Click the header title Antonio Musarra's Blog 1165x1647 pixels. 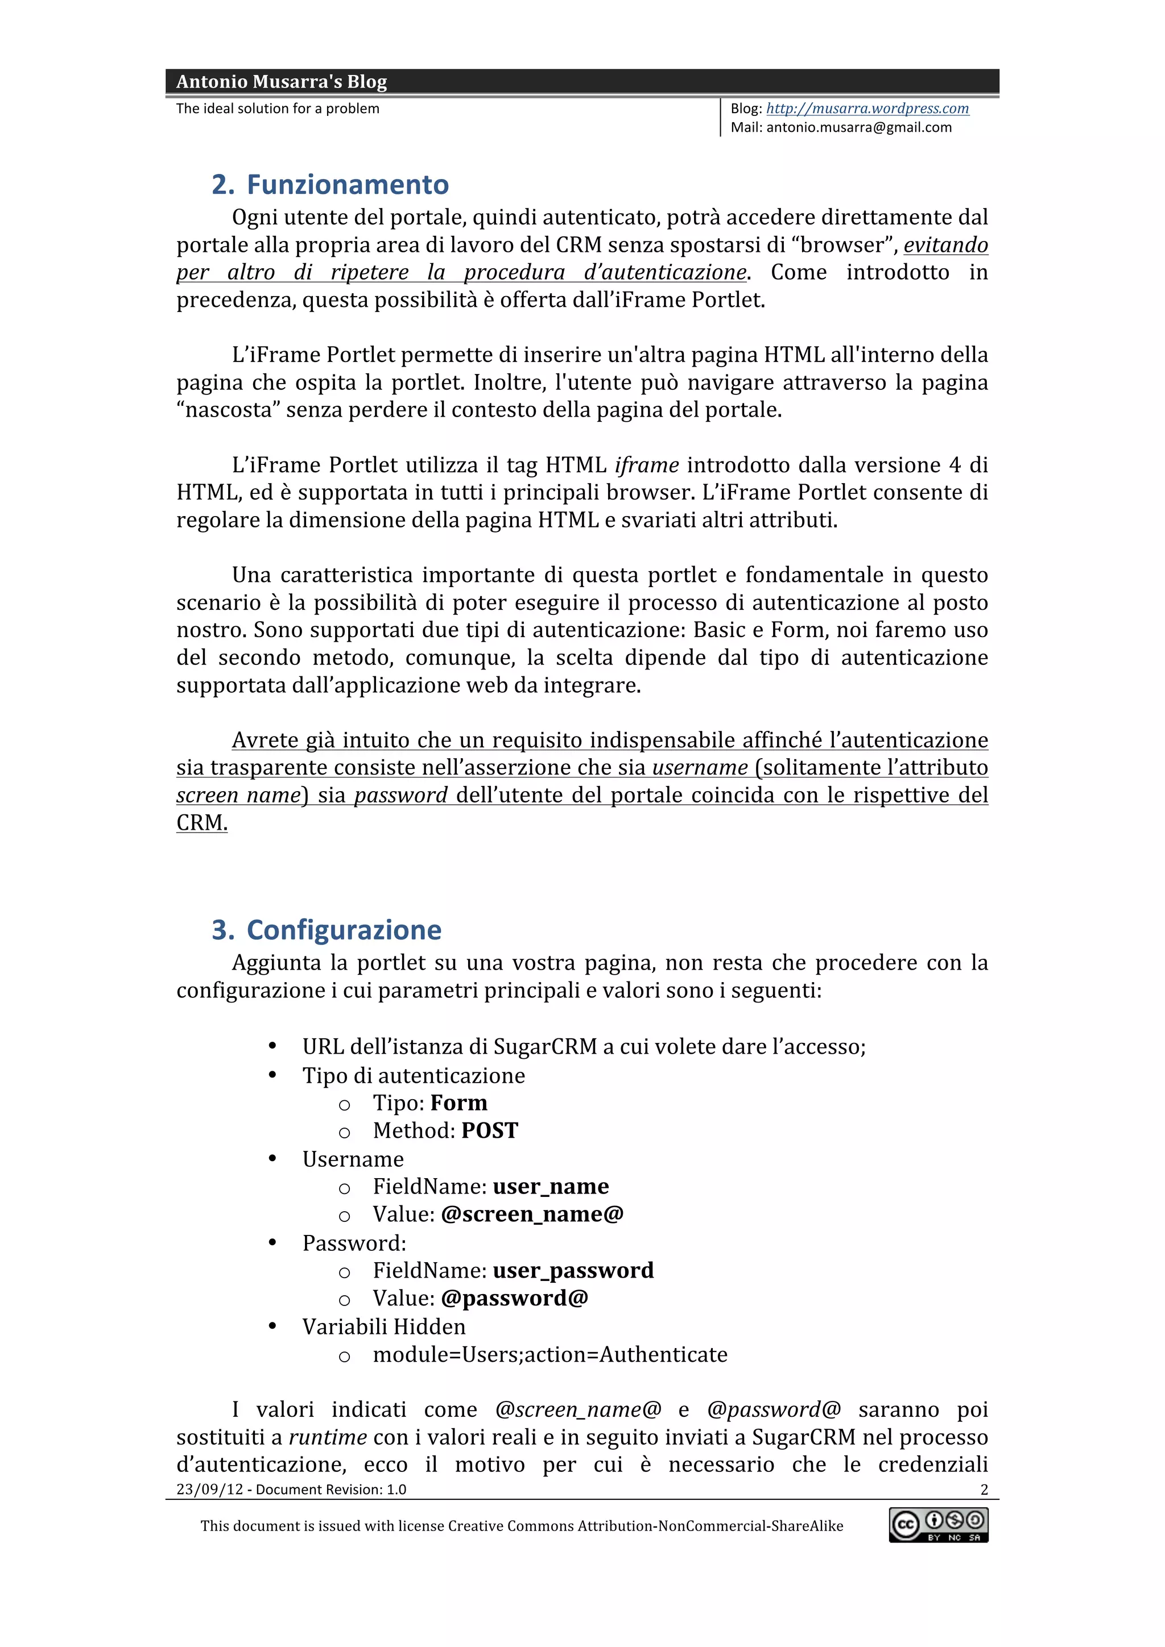(x=282, y=82)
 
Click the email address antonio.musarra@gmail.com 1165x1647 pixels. (x=858, y=128)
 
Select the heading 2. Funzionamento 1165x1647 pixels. (x=330, y=185)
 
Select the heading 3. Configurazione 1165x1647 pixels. (x=327, y=930)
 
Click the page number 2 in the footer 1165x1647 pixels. (x=984, y=1489)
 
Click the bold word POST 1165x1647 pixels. (x=490, y=1131)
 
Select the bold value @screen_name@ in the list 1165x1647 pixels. (x=532, y=1215)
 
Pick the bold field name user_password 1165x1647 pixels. (x=573, y=1270)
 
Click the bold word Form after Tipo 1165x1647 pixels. (x=458, y=1103)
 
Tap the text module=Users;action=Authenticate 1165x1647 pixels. (x=550, y=1354)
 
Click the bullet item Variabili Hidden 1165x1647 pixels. (x=383, y=1326)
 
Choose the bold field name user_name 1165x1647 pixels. (x=551, y=1187)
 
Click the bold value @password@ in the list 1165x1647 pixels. (x=515, y=1299)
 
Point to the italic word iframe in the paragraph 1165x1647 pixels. (x=646, y=465)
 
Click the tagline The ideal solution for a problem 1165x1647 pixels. (x=278, y=109)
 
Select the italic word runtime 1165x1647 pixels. (x=328, y=1437)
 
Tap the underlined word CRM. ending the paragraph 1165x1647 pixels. (x=202, y=823)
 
